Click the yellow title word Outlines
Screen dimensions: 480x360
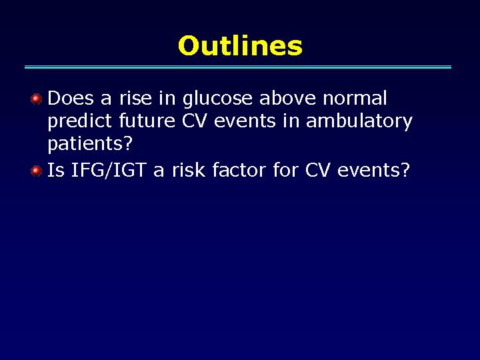(240, 45)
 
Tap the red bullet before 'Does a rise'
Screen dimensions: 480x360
(37, 99)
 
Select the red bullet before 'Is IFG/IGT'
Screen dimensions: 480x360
(37, 171)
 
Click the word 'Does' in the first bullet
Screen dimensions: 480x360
(71, 98)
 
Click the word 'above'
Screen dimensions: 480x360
(287, 98)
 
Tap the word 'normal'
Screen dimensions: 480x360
(355, 98)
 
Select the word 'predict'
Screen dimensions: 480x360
(79, 122)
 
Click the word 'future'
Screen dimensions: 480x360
(147, 121)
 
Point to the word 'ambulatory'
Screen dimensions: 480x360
(359, 122)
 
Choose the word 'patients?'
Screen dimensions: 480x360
(90, 143)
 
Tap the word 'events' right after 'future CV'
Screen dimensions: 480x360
(245, 121)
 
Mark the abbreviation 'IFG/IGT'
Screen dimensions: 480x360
(109, 170)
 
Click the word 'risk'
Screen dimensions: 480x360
(188, 169)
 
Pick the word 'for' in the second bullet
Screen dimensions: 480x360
(285, 169)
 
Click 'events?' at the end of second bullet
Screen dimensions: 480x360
(373, 170)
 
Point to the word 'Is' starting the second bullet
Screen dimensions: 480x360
(56, 169)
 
